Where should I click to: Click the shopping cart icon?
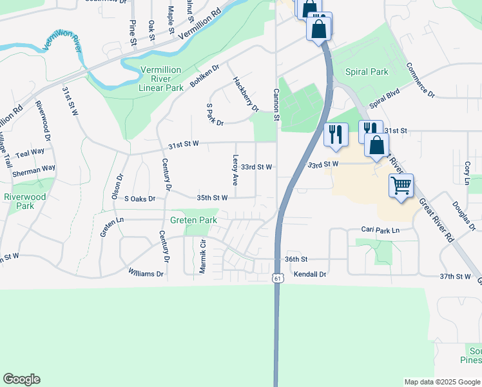401,186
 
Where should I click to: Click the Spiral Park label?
367,72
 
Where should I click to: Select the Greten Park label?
193,220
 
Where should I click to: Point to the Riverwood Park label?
24,201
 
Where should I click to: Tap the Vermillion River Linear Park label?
152,79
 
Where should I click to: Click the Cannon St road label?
276,105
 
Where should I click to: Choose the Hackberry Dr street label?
246,95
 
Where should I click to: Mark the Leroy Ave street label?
235,170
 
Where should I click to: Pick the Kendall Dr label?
311,274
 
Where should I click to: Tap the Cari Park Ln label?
380,230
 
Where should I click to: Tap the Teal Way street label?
30,153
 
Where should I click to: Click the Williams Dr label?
146,273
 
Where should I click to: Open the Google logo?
21,379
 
